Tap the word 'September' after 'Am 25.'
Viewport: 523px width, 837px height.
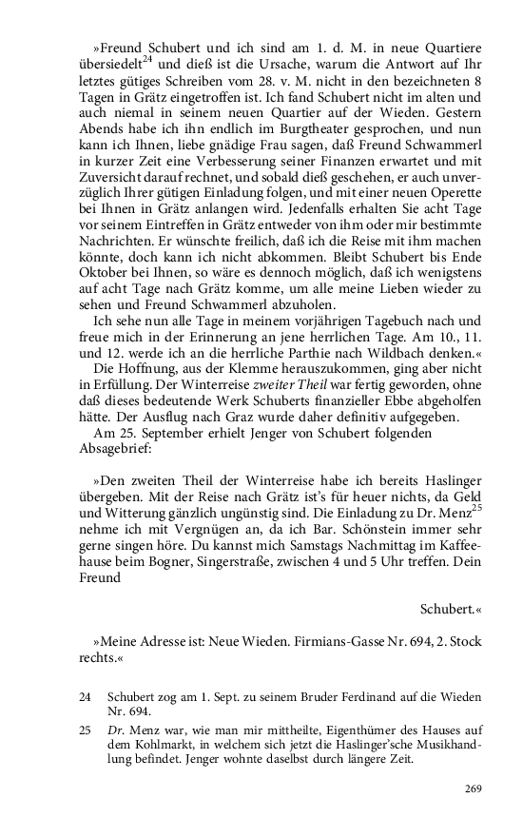[x=165, y=435]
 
